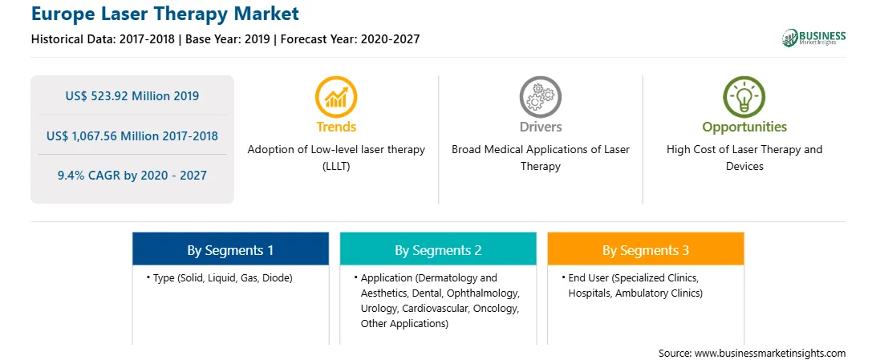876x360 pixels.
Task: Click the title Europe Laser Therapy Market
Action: pos(164,14)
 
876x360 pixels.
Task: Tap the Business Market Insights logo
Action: pos(813,38)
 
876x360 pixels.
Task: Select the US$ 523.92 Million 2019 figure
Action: pos(132,96)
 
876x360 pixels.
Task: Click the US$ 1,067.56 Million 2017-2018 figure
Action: pos(132,136)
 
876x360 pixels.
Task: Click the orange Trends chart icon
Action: pos(336,97)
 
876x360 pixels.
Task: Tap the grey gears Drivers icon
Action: pos(540,97)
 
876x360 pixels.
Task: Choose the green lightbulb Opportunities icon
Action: pos(744,97)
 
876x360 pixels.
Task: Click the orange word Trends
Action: pos(336,127)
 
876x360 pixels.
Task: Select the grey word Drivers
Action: pos(541,127)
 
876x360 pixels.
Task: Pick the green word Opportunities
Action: pos(744,127)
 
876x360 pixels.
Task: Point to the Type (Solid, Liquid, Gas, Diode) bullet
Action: pos(220,278)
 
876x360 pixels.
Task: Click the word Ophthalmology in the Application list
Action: pos(487,293)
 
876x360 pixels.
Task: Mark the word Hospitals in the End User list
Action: pos(590,293)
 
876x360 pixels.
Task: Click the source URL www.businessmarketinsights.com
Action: pos(770,354)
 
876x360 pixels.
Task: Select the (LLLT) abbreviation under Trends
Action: pos(336,166)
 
